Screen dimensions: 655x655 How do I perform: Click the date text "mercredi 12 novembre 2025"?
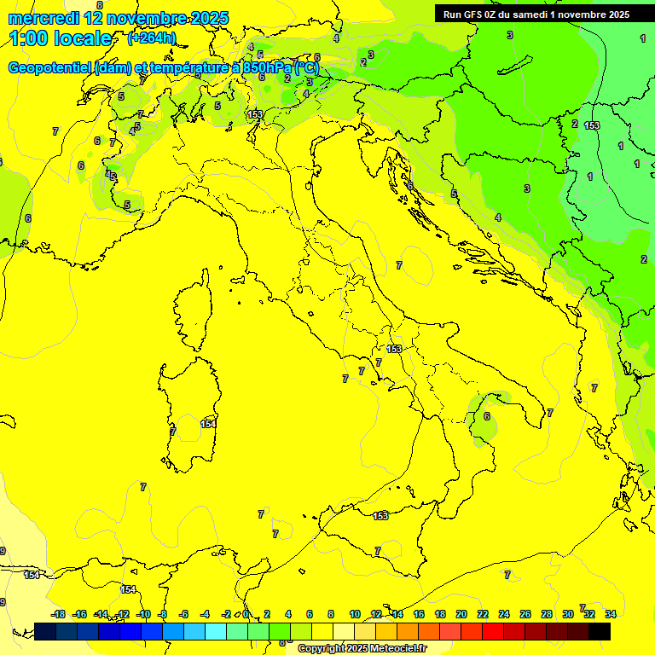[118, 18]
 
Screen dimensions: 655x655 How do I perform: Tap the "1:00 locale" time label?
[60, 38]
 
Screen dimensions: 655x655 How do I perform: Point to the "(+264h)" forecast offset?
[151, 38]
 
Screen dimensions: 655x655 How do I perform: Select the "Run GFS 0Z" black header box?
[536, 14]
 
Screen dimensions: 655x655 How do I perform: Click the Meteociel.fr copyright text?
[362, 648]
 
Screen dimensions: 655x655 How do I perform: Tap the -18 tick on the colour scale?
[58, 614]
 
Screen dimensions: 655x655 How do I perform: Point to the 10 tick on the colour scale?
[355, 614]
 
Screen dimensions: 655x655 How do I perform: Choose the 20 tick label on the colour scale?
[461, 614]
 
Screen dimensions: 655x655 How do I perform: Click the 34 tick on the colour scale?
[611, 614]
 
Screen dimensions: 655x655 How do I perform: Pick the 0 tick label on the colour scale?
[246, 614]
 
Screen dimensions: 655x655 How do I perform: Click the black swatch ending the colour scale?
[600, 630]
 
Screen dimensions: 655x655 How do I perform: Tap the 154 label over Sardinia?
[208, 424]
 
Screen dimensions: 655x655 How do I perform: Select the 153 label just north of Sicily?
[381, 515]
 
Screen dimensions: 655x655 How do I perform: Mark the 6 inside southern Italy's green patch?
[486, 416]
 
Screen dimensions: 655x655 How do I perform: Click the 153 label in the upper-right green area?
[592, 125]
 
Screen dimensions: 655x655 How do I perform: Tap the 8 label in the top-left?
[112, 81]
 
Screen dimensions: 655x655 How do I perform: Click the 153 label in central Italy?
[394, 349]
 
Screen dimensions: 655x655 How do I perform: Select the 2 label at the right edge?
[643, 259]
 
